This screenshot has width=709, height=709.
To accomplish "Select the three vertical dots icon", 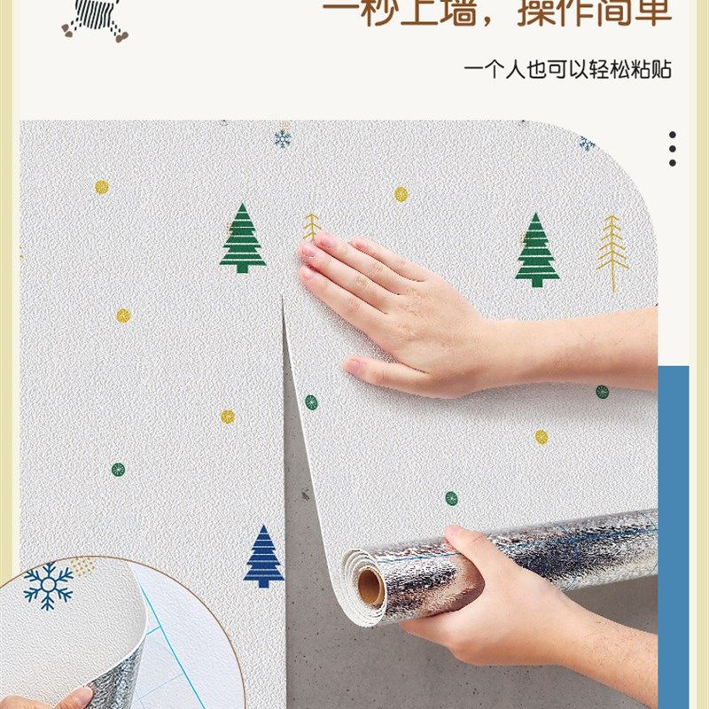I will click(x=673, y=149).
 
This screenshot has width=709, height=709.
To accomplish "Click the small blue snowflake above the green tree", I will click(x=283, y=138).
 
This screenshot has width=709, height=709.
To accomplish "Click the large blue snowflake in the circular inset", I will click(x=49, y=586).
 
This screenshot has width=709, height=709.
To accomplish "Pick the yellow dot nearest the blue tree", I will click(x=228, y=416).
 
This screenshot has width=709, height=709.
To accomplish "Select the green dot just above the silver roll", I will click(x=451, y=498).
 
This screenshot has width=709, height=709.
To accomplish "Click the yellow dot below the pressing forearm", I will click(x=541, y=437).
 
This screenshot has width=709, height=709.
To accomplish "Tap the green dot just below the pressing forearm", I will click(x=602, y=392).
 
